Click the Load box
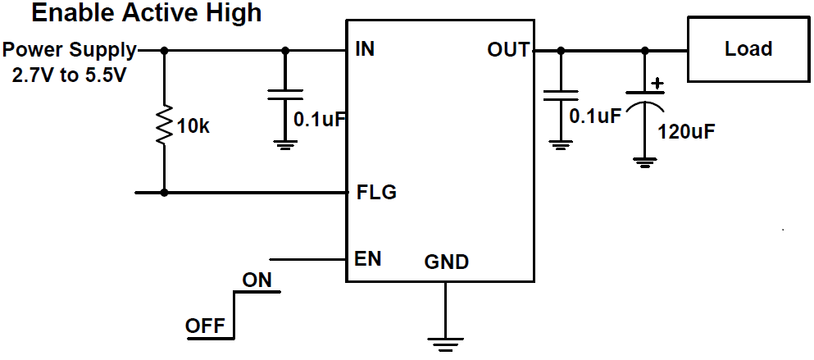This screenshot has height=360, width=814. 748,50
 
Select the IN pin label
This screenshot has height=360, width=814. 365,49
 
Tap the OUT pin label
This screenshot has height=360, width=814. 508,50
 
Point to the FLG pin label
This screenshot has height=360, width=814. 376,193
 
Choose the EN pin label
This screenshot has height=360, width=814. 367,259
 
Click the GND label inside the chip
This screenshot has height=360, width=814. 447,262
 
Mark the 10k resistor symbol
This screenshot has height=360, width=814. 164,124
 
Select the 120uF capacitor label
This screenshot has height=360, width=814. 686,131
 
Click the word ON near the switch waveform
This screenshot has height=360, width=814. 257,280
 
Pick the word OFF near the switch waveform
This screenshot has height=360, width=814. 205,326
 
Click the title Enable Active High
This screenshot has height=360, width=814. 147,13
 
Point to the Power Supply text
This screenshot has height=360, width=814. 69,49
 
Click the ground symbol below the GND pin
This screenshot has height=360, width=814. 444,343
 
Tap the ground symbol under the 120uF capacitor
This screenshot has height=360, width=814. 644,162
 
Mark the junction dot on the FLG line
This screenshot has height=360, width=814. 164,193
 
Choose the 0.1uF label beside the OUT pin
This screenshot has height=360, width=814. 595,116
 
